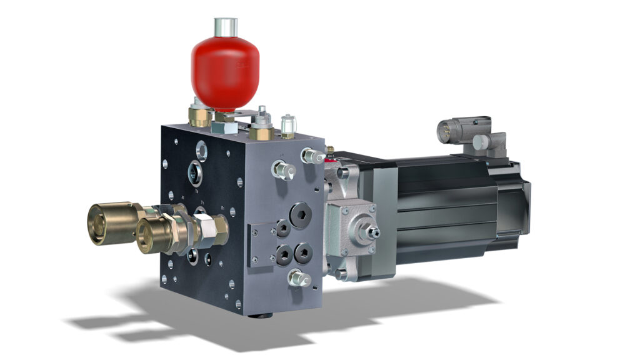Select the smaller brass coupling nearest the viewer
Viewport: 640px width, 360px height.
[x=153, y=234]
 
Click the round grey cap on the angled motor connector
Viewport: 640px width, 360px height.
[x=479, y=142]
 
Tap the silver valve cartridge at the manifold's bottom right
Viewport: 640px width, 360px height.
[x=299, y=279]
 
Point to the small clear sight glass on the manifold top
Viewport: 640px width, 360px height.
[x=287, y=126]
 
